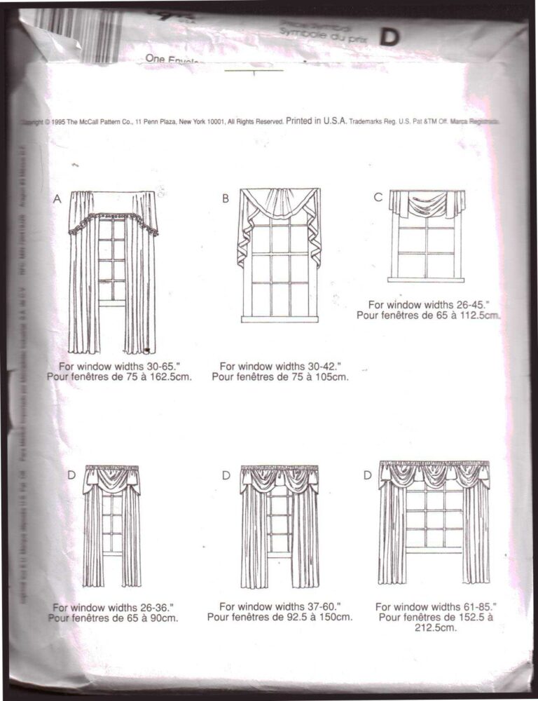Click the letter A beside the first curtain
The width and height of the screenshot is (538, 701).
coord(58,199)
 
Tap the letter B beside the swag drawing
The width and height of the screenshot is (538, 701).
coord(226,198)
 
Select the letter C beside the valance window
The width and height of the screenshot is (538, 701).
coord(378,198)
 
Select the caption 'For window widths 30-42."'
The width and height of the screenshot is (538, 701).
coord(280,366)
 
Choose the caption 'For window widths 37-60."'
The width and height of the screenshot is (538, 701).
coord(280,606)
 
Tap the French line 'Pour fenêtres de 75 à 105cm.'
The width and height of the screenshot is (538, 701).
coord(280,377)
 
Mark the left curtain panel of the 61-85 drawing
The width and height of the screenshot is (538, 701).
coord(392,533)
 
